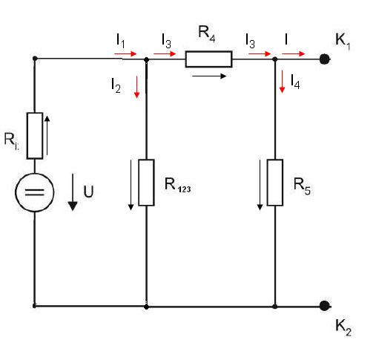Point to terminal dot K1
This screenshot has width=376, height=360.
click(324, 59)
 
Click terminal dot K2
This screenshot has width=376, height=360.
click(324, 306)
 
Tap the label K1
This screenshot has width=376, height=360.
click(343, 42)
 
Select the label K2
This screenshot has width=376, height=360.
click(343, 327)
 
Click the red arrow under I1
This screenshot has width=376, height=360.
click(125, 53)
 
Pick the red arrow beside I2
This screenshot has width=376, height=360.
click(136, 87)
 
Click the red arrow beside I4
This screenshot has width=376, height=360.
click(282, 82)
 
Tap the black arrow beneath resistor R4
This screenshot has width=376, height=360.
click(209, 76)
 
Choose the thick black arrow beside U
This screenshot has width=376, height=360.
click(73, 192)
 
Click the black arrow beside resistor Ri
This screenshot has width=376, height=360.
click(47, 136)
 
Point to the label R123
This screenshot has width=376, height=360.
click(177, 185)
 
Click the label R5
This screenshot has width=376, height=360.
click(302, 186)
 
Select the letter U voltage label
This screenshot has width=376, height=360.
click(88, 192)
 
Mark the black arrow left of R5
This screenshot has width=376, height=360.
click(260, 185)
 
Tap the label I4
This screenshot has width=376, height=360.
click(295, 82)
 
